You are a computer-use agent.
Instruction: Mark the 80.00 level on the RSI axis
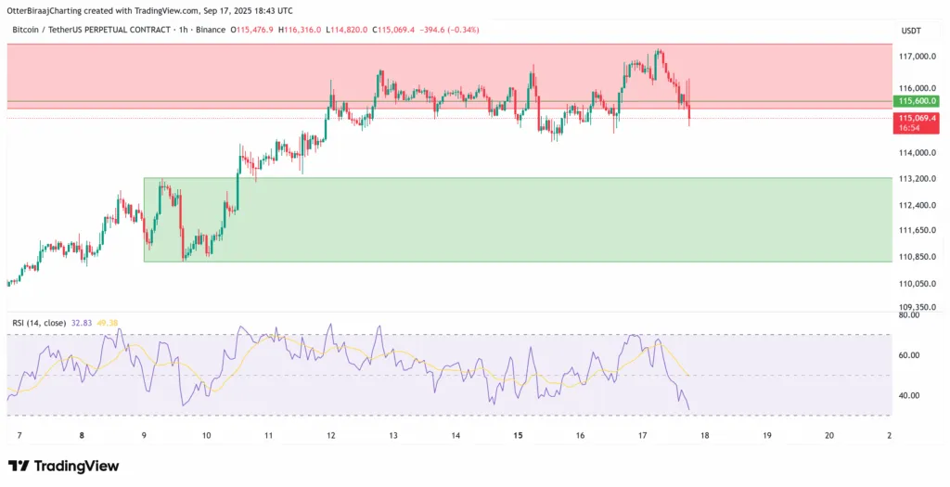(909, 315)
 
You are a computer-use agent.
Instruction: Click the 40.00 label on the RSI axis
(909, 395)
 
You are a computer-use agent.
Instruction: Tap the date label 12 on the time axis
(331, 435)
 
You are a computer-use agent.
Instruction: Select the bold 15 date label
(518, 435)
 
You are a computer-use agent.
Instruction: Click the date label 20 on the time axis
(828, 435)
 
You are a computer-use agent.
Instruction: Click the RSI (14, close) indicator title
(39, 323)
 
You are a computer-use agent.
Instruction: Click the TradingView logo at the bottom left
(62, 466)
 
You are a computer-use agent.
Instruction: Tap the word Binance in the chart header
(210, 31)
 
